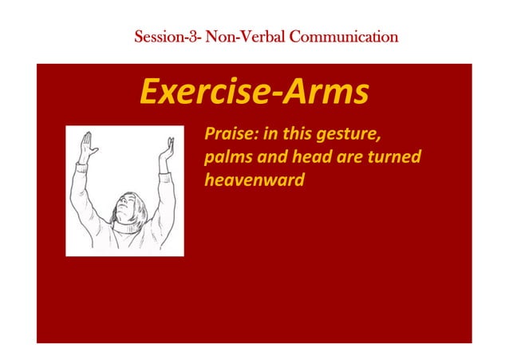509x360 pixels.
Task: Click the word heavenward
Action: pyautogui.click(x=254, y=180)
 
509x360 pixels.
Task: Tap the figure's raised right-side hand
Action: pyautogui.click(x=167, y=148)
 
